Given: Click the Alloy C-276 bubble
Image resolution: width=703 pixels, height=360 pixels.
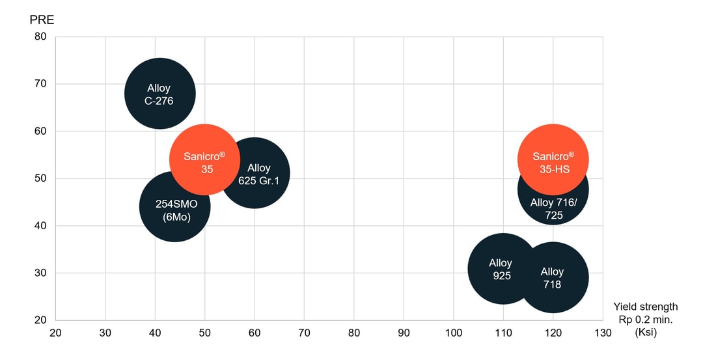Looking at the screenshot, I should point(159,94).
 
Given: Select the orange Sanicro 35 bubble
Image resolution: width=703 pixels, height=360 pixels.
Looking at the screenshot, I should point(204,159).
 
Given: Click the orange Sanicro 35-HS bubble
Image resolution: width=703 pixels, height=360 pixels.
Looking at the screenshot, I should point(553,159).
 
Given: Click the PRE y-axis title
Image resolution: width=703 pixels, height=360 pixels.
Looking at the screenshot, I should point(42,20).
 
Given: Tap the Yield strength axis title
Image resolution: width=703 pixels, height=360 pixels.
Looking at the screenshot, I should point(645,307).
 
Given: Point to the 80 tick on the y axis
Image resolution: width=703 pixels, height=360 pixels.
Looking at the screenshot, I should point(40,36).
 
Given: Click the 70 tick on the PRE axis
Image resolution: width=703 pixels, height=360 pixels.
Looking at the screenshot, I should point(40,84).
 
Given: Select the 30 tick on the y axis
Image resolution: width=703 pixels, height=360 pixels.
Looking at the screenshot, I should point(40,273).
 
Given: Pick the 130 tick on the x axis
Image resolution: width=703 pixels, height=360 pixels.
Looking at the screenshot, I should point(603,333).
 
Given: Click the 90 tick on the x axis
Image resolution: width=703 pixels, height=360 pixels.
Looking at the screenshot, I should point(404,333).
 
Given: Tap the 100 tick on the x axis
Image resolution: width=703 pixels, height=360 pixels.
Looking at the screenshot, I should point(454,333).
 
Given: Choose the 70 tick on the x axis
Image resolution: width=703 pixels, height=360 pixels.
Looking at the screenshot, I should point(304,333).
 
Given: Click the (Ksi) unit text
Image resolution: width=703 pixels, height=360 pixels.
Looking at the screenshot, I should point(645,332).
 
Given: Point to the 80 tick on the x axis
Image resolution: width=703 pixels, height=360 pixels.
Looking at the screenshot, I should point(354,333).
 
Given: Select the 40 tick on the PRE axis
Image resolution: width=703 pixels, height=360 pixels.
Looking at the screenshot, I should point(40,226).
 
